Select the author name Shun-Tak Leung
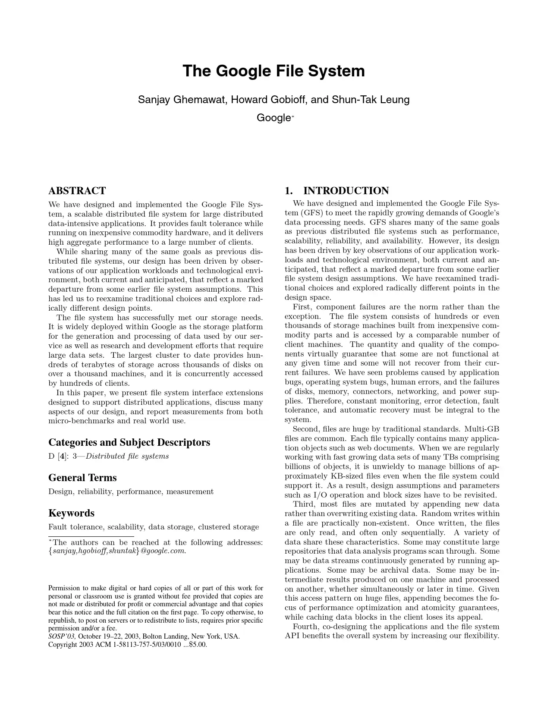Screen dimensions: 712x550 [370, 100]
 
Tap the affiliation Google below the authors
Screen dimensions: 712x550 [273, 118]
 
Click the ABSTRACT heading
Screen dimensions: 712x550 [77, 191]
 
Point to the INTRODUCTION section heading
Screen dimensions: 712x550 [346, 191]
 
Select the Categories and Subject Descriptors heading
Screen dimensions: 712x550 [129, 442]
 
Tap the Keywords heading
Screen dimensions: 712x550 [71, 513]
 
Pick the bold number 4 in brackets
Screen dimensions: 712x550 [62, 456]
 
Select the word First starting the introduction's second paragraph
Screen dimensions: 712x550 [303, 307]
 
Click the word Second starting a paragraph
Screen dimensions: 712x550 [306, 429]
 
